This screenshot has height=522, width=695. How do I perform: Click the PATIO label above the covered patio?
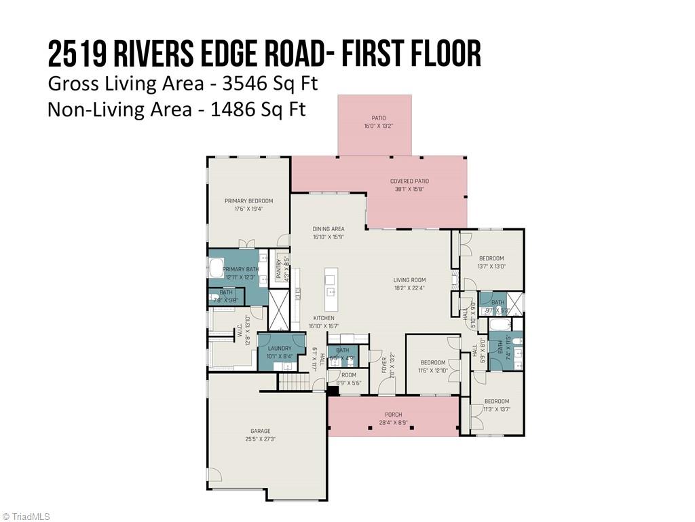click(375, 118)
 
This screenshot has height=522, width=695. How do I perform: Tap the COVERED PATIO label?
click(409, 181)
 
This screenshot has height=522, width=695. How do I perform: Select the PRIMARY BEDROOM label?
click(248, 201)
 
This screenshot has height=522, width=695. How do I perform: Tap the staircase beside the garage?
click(293, 382)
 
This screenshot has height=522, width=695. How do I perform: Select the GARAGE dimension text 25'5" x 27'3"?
click(260, 439)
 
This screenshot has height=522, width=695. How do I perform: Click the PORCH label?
click(393, 415)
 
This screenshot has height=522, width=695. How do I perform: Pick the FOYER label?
click(383, 365)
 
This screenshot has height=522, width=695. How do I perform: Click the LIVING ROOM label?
click(409, 280)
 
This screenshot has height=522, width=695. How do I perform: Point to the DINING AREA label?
click(328, 229)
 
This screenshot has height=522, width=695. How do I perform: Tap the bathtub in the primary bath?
click(217, 270)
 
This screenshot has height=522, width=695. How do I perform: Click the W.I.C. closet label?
click(240, 331)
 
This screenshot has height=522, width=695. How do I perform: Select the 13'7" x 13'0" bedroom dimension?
click(491, 266)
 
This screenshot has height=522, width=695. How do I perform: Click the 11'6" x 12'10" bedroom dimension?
click(432, 370)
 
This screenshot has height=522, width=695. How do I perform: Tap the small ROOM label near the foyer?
click(348, 375)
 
